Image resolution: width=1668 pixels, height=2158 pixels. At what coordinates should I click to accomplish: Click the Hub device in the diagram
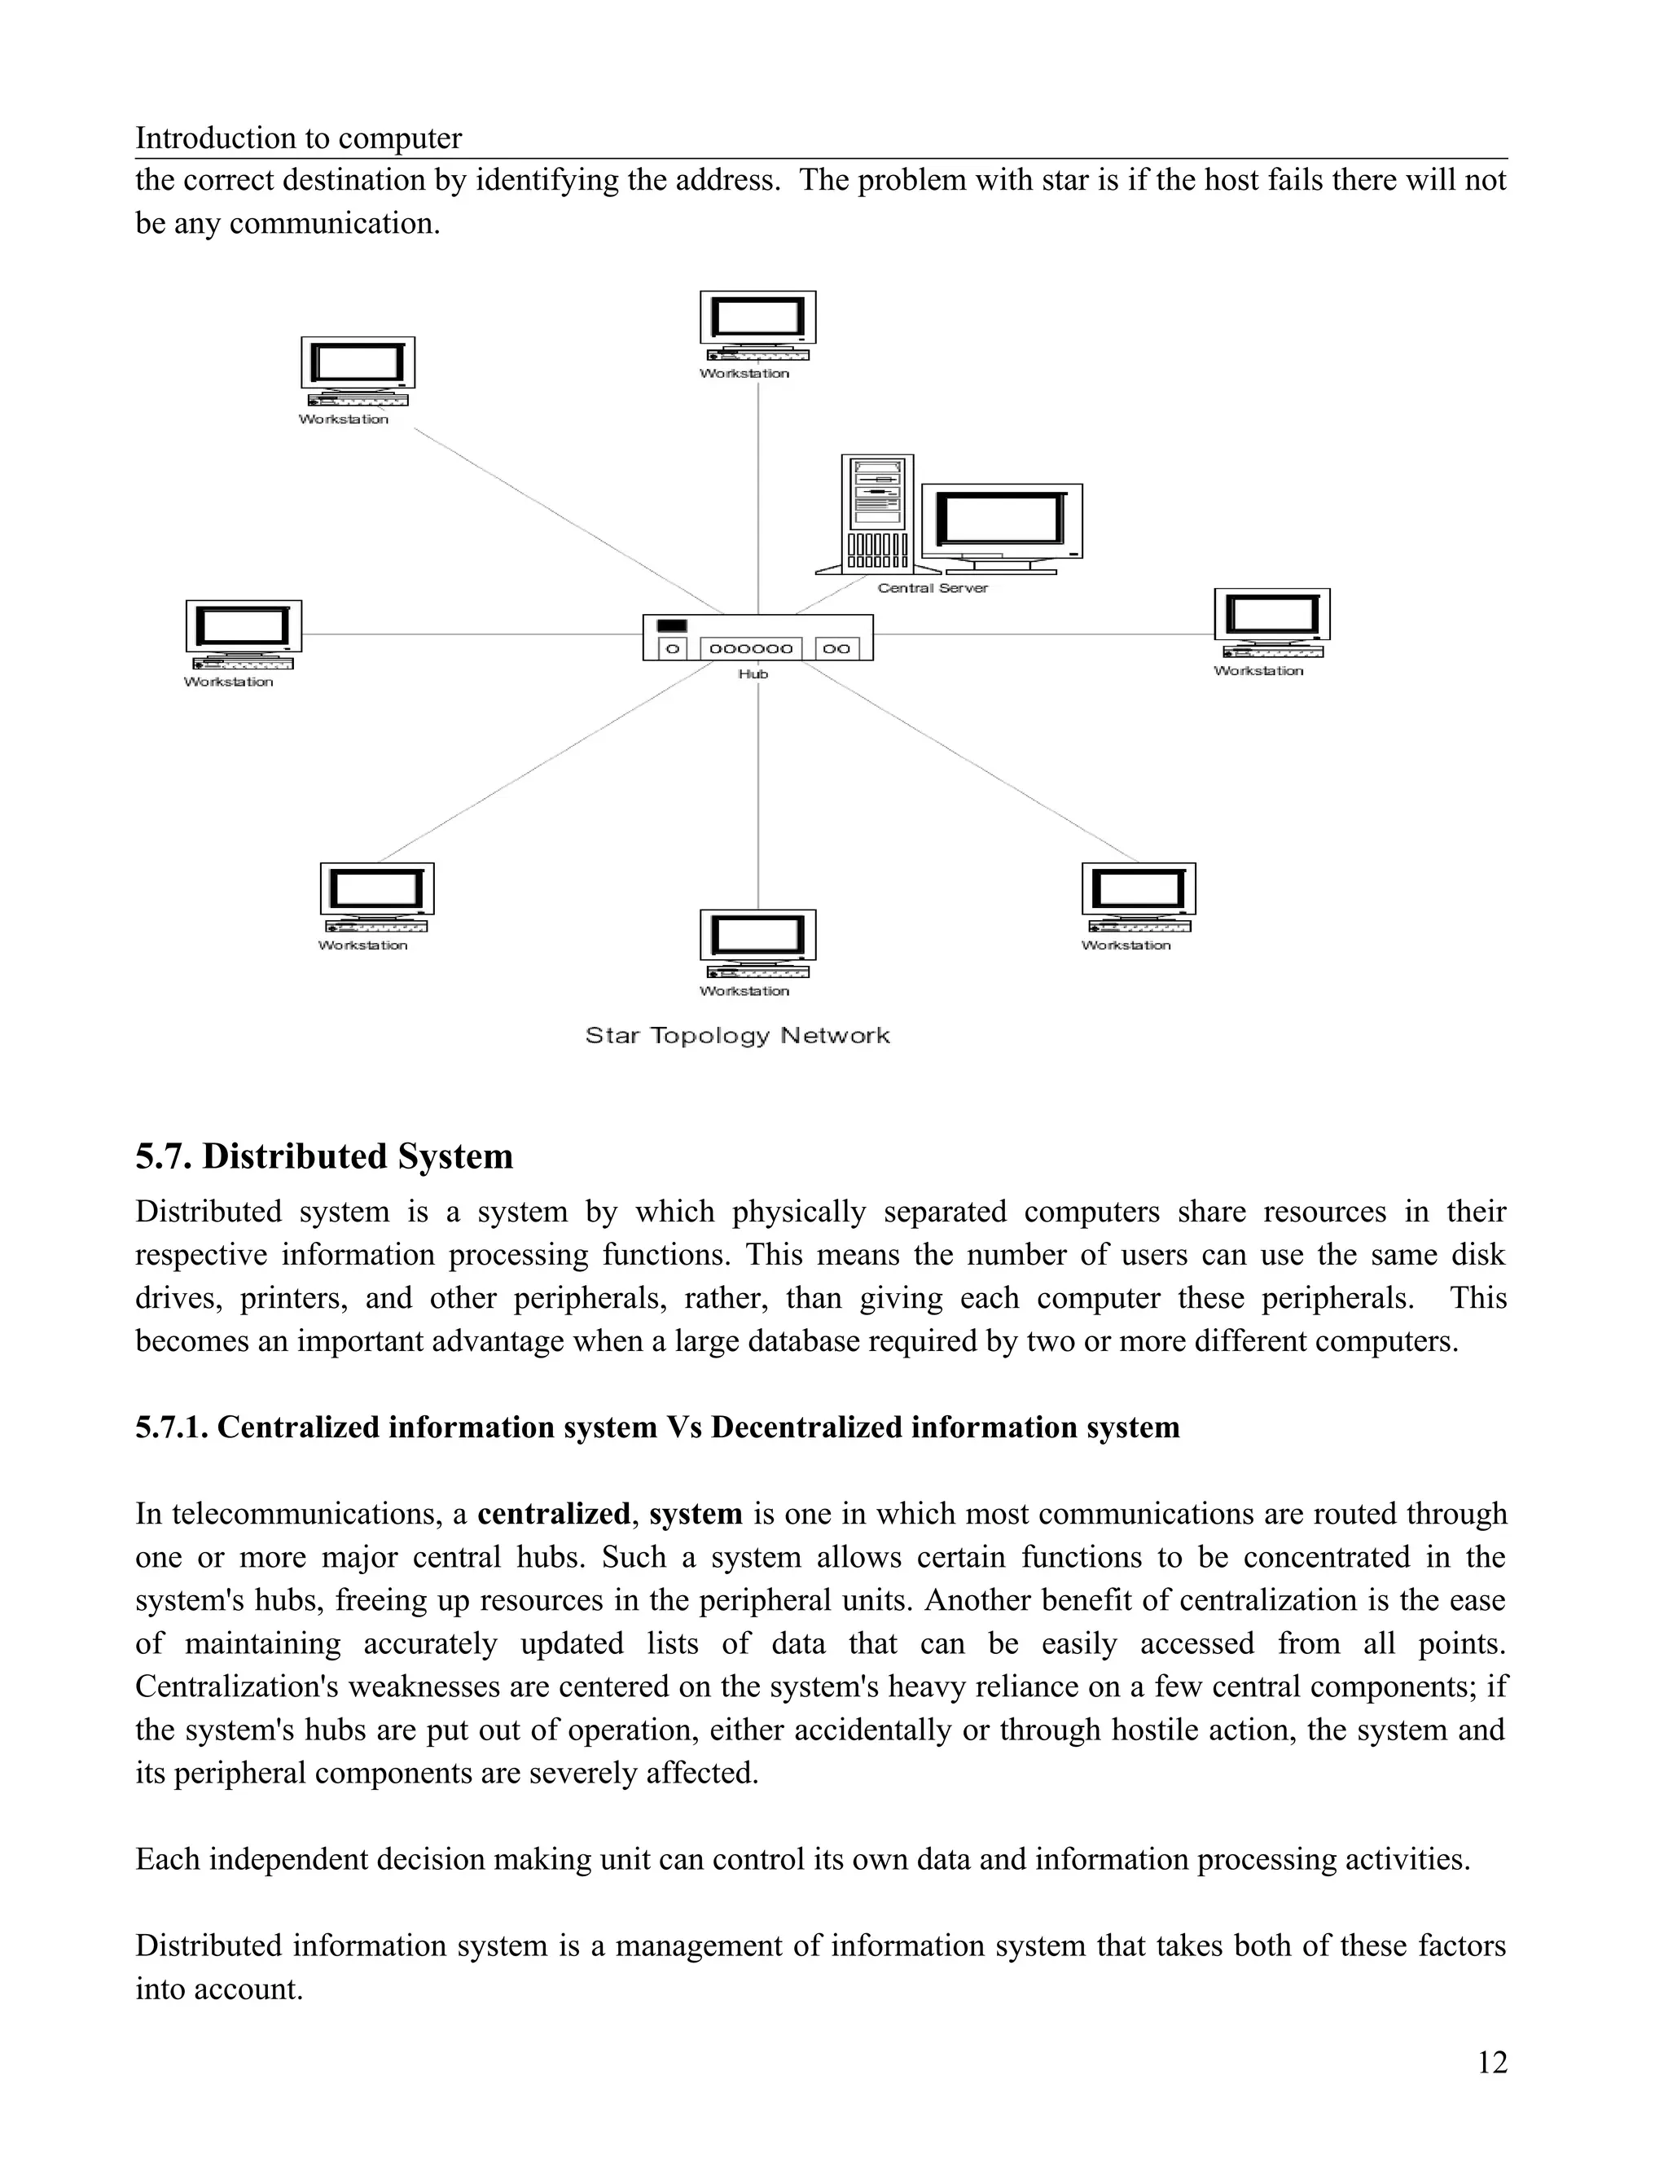pyautogui.click(x=758, y=638)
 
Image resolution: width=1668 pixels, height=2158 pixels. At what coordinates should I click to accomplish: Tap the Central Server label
pyautogui.click(x=932, y=588)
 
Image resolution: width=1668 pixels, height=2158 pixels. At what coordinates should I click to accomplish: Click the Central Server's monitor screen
pyautogui.click(x=1001, y=520)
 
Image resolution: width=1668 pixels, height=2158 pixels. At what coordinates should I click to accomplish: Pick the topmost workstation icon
pyautogui.click(x=758, y=326)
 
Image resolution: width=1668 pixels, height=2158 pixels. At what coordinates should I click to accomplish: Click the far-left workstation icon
pyautogui.click(x=243, y=634)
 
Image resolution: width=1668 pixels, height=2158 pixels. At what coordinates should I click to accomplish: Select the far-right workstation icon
pyautogui.click(x=1271, y=622)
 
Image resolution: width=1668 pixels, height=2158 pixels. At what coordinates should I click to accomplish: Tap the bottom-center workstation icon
pyautogui.click(x=758, y=944)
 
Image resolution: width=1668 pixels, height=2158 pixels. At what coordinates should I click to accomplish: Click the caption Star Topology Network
pyautogui.click(x=737, y=1036)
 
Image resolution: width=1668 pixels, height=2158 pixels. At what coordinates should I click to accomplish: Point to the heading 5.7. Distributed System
pyautogui.click(x=324, y=1156)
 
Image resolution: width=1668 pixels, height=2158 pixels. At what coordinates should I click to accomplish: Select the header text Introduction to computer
pyautogui.click(x=298, y=138)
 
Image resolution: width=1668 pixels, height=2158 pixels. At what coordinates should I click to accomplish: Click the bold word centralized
pyautogui.click(x=553, y=1514)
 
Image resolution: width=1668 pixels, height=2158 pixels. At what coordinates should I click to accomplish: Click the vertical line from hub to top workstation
pyautogui.click(x=758, y=494)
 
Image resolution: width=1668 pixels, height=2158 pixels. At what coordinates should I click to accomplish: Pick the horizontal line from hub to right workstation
pyautogui.click(x=1042, y=634)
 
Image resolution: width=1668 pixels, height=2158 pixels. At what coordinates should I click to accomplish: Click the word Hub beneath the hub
pyautogui.click(x=753, y=674)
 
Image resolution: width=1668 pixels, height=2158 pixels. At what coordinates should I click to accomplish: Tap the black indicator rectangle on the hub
pyautogui.click(x=672, y=625)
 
